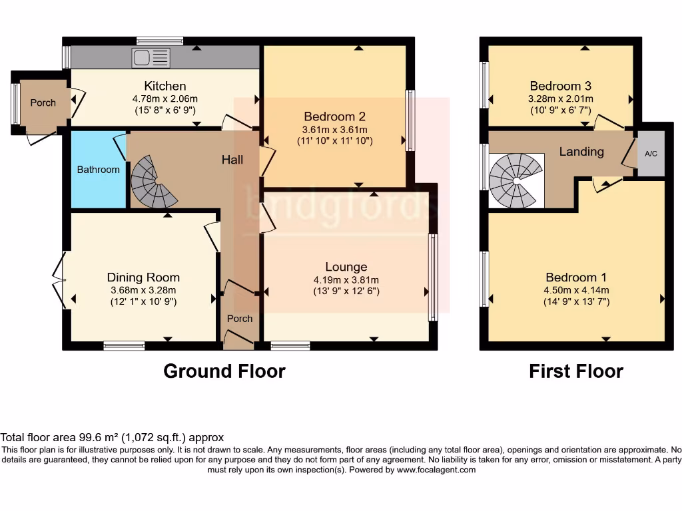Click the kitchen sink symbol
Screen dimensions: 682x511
(151, 58)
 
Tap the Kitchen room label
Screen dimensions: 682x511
(165, 86)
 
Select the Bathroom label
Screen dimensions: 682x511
(99, 170)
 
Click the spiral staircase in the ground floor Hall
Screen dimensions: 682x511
(153, 181)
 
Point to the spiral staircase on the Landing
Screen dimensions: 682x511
(516, 180)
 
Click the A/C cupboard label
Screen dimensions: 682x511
(651, 154)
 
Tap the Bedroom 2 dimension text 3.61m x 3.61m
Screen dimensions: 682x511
(335, 130)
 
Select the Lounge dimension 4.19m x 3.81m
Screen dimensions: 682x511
(346, 280)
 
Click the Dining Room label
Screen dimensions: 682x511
(144, 277)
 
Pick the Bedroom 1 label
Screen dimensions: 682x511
(576, 277)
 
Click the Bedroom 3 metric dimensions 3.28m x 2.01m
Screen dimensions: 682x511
(561, 98)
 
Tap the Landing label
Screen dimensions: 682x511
(581, 152)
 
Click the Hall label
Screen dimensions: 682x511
(232, 160)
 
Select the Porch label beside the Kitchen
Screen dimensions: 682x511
(43, 103)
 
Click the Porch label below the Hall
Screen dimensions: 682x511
(240, 319)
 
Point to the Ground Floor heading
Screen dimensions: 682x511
(224, 371)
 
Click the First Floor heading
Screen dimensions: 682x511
(576, 371)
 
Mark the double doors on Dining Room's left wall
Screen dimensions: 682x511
(59, 280)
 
